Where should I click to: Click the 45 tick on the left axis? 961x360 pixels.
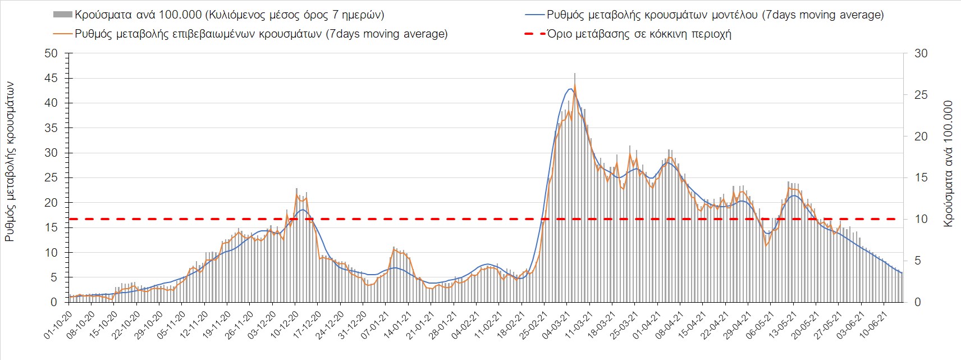coord(51,78)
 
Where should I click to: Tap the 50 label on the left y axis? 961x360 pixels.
coord(51,53)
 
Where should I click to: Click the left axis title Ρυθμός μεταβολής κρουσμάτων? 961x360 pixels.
coord(10,161)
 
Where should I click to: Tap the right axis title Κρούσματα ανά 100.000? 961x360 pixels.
coord(949,164)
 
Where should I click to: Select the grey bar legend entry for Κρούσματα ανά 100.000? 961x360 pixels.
coord(219,15)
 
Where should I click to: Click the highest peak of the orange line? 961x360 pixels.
coord(575,85)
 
